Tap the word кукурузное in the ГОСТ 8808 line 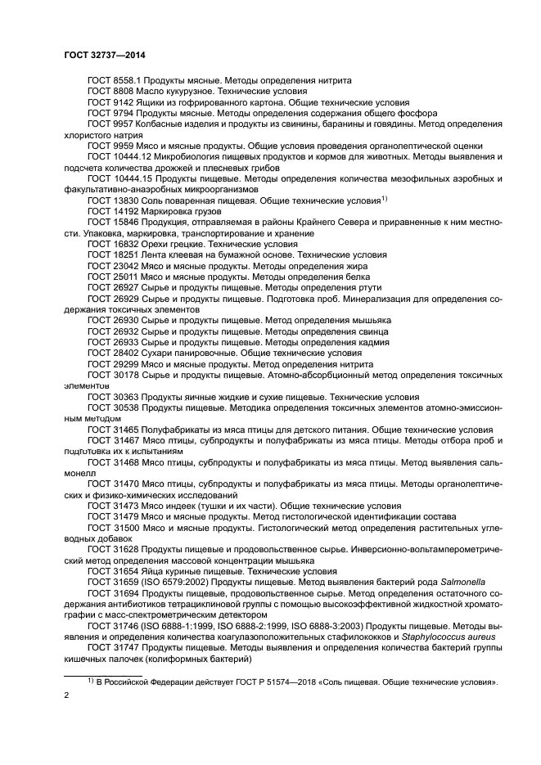[179, 92]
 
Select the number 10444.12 [131, 155]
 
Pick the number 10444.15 [131, 178]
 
